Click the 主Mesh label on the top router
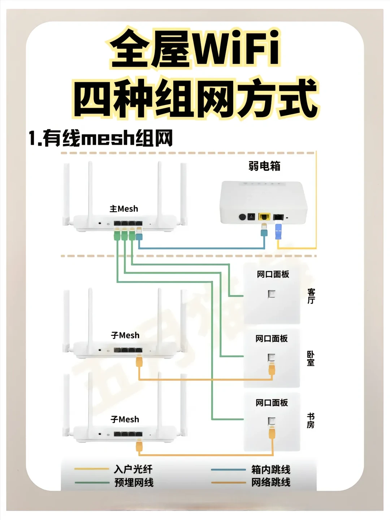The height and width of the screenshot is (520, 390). coord(124,209)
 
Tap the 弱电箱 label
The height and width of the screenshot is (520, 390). coord(264,166)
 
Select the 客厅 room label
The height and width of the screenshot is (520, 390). coord(311,296)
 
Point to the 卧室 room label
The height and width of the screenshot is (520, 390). coord(311,359)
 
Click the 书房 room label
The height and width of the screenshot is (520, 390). coord(311,421)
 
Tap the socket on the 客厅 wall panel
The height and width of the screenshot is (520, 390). coord(272,294)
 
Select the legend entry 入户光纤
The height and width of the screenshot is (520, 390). coord(133,469)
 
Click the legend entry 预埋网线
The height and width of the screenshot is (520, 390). coord(134,483)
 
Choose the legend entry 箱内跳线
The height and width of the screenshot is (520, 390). coord(271,470)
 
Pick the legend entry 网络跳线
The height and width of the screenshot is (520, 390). coord(271,482)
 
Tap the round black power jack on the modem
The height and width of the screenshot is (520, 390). coord(243,217)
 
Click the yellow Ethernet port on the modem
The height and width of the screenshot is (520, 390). coord(265,217)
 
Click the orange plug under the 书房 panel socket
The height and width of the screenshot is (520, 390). coord(272,432)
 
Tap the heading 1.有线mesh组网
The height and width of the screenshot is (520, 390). coord(101,138)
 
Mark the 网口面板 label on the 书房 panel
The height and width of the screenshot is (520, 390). coord(272,403)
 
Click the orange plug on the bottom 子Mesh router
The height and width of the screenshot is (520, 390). coord(139,447)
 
